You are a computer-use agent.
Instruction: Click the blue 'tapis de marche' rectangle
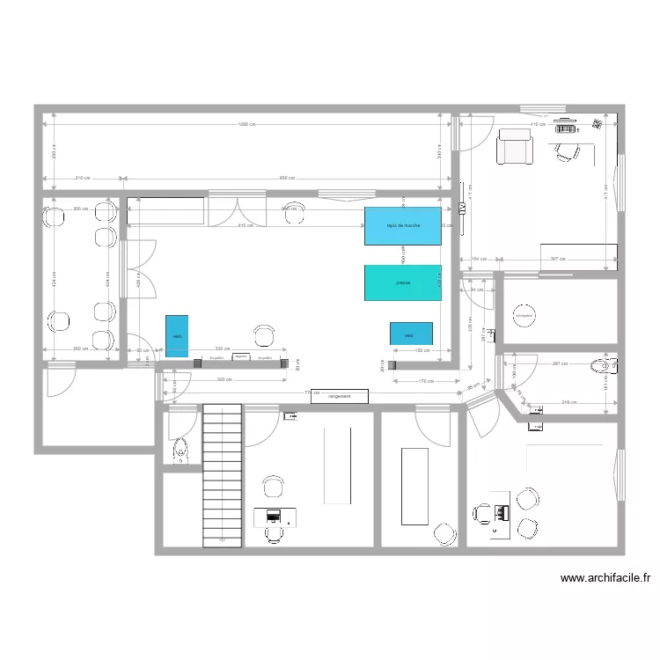point(403,226)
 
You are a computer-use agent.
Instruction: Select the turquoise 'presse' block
point(403,282)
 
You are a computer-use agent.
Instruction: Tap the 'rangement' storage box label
point(340,396)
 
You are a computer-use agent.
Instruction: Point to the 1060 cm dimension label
point(247,124)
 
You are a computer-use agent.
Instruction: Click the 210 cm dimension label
point(82,179)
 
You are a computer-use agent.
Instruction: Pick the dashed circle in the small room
point(524,315)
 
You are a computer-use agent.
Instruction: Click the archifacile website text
point(605,578)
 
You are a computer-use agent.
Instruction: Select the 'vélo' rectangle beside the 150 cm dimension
point(411,334)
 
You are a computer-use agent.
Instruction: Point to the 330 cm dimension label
point(224,348)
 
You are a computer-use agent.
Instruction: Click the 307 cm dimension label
point(557,259)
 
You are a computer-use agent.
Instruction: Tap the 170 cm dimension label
point(426,380)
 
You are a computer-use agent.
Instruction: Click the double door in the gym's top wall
point(236,213)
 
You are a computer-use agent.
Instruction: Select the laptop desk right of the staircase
point(275,517)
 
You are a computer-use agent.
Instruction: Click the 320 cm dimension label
point(224,380)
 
